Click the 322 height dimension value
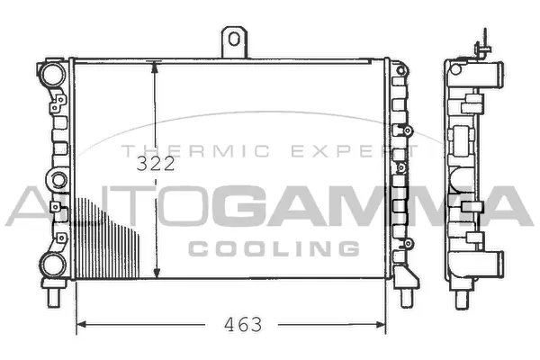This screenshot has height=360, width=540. pos(156,164)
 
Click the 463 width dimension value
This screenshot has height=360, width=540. pos(243,325)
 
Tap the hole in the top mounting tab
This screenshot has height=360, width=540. pos(234,39)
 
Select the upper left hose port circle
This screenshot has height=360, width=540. pos(53,74)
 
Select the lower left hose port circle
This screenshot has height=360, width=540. pos(53,265)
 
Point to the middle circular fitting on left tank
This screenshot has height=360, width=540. pos(58,180)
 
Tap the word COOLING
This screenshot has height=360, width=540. pos(274,248)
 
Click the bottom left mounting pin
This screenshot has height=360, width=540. pos(53,297)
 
